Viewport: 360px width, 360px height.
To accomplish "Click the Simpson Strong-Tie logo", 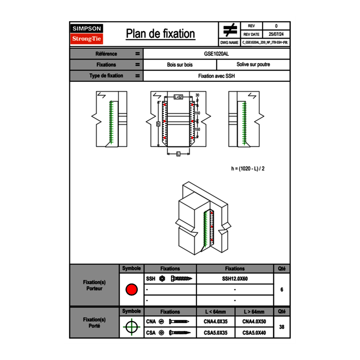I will (87, 34).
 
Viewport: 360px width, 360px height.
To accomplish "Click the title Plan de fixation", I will (160, 34).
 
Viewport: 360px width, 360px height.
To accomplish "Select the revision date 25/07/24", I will (276, 34).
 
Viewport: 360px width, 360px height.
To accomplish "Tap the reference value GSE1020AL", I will (216, 54).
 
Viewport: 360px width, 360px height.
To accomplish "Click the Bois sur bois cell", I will (180, 65).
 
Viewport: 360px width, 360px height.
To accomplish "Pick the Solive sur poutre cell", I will (253, 65).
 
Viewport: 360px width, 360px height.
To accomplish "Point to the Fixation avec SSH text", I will (216, 76).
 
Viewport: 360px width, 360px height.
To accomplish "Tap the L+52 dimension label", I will (178, 97).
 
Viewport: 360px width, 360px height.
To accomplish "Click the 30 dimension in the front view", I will (198, 95).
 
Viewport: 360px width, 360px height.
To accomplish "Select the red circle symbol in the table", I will (131, 290).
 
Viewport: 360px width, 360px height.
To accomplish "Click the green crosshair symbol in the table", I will (131, 327).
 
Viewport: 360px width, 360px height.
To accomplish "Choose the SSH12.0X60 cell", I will (235, 279).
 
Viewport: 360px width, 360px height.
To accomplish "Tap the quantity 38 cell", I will (281, 327).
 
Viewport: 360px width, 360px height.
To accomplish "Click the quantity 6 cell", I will (281, 290).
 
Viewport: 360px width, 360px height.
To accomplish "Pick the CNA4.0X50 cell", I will (254, 322).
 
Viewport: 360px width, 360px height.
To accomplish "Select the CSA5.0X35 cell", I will (216, 333).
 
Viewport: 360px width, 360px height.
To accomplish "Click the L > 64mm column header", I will (254, 312).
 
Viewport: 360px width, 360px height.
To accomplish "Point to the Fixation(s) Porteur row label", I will (94, 285).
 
